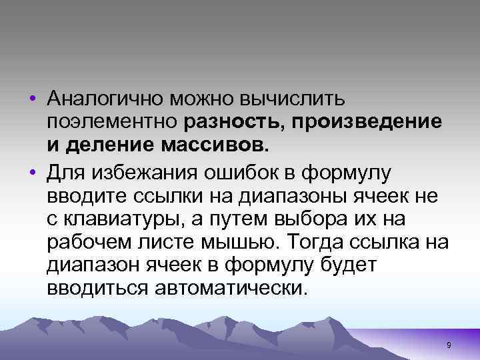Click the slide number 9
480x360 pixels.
point(449,344)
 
